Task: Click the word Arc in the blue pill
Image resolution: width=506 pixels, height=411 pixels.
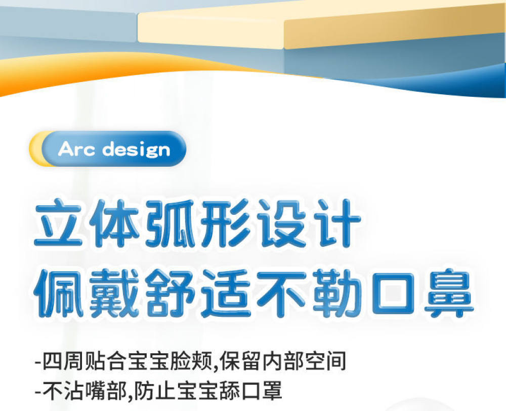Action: point(76,149)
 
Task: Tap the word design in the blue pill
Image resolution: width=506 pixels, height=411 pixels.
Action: point(136,150)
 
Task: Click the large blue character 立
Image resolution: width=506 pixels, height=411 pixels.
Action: point(58,223)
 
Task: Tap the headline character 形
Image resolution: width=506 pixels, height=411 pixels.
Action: point(225,223)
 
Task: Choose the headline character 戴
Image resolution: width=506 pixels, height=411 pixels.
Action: point(114,292)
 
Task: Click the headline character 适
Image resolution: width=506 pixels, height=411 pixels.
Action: point(226,292)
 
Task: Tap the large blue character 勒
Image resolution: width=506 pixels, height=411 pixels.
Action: point(337,292)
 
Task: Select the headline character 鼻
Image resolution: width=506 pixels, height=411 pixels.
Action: point(449,292)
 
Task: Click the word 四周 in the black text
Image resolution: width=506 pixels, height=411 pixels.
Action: point(63,361)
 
